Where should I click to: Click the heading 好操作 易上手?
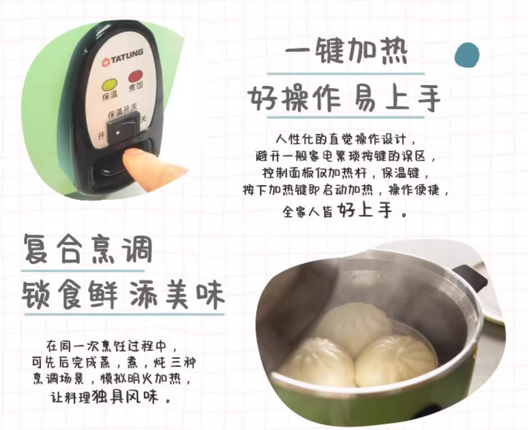click(345, 99)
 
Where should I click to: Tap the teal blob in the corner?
click(467, 55)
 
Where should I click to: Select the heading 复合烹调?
click(87, 251)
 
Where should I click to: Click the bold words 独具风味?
click(135, 396)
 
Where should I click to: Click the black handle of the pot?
click(470, 277)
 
